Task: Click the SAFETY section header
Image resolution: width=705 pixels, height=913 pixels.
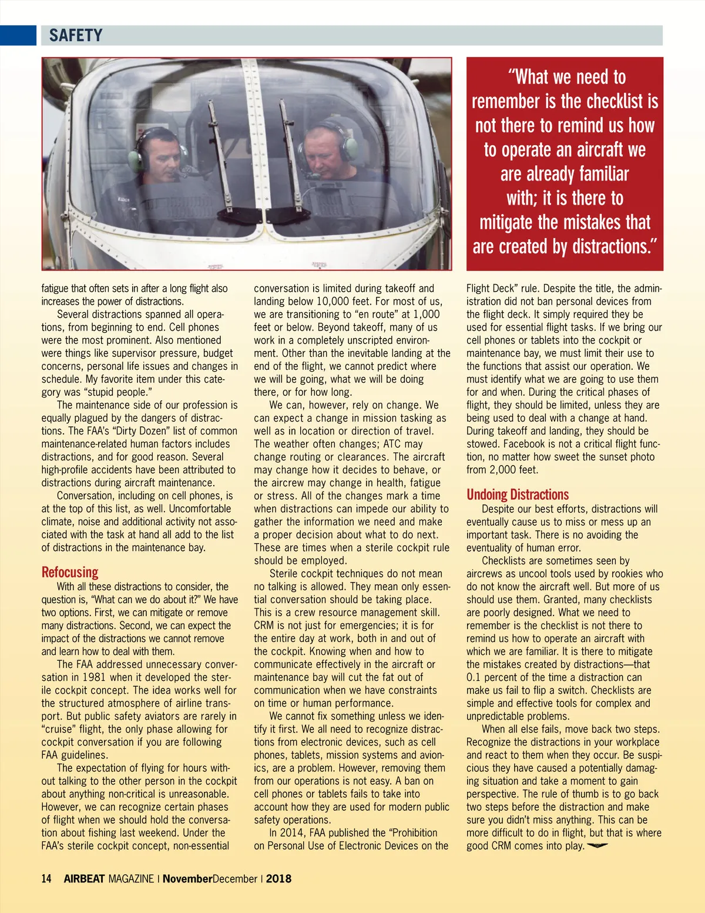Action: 76,36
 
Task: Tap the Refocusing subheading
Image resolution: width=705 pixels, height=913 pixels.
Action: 70,572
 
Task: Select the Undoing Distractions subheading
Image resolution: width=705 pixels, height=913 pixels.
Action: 518,494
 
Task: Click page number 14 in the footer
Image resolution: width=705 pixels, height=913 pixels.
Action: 46,879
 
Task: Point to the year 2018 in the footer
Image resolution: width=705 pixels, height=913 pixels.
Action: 278,879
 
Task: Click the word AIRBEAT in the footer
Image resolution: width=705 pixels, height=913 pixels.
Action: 84,879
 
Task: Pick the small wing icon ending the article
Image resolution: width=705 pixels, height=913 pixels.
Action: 597,846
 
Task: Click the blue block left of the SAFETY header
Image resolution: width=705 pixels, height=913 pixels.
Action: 18,36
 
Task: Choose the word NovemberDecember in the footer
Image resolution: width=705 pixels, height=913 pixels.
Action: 210,879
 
